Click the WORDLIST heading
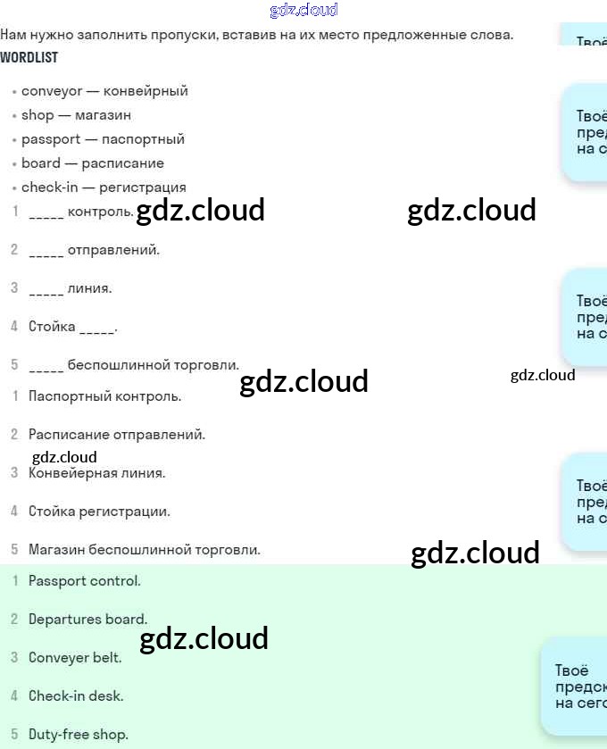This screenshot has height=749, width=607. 29,57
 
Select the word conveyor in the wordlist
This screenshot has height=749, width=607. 52,91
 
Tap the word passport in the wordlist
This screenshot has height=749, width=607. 51,139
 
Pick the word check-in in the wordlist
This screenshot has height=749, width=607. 50,187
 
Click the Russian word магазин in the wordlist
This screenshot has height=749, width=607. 103,115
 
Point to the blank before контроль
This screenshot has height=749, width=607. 46,214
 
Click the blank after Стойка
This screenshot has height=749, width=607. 96,329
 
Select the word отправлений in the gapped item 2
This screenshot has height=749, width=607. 113,250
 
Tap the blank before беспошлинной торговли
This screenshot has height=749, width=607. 46,367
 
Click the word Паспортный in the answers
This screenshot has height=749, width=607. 66,395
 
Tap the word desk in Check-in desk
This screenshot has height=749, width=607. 108,696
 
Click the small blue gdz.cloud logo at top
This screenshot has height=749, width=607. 303,11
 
